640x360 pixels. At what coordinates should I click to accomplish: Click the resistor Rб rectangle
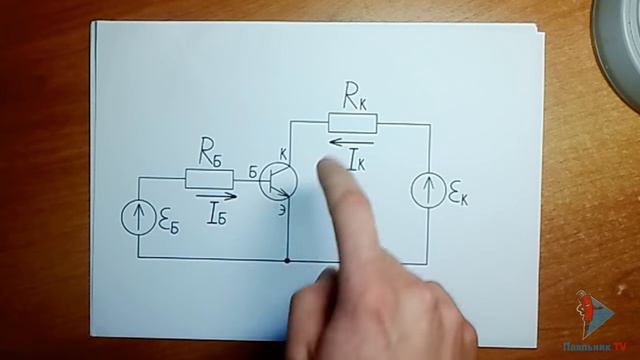pos(210,179)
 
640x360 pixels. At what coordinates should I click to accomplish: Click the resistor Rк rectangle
pos(353,123)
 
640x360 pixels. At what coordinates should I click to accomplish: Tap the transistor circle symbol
pos(279,180)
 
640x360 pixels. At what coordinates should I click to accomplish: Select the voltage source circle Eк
pos(427,191)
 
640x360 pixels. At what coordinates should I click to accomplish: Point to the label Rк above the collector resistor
pos(355,98)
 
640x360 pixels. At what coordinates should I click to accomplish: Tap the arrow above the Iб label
pos(217,196)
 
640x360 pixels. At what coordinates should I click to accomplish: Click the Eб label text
pos(169,223)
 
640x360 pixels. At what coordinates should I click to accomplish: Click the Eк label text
pos(458,195)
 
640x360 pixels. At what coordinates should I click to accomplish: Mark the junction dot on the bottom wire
pos(288,260)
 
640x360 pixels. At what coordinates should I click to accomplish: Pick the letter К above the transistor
pos(283,153)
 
